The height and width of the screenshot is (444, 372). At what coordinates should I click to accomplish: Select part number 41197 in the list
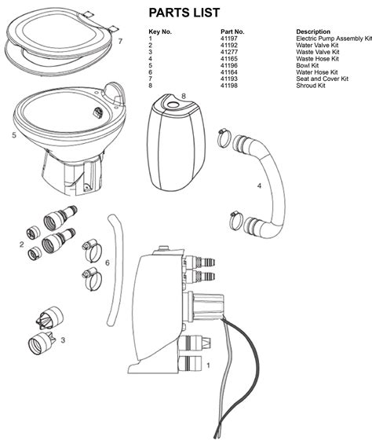(x=230, y=38)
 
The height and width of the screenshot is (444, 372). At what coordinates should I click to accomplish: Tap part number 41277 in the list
(x=230, y=52)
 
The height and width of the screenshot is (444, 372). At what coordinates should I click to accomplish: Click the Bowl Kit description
(x=308, y=65)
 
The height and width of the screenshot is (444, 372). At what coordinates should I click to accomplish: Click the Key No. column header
(x=160, y=31)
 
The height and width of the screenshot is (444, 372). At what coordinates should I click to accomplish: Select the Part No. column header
(x=232, y=31)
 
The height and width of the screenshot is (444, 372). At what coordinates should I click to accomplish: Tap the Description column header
(x=312, y=31)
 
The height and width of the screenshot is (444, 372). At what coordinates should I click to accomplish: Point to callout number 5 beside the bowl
(x=14, y=135)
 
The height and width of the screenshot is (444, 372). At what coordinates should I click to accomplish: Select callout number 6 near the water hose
(x=108, y=262)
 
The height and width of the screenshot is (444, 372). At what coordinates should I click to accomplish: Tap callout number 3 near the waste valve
(x=62, y=340)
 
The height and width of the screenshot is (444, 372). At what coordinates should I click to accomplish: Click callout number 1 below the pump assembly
(x=208, y=365)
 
